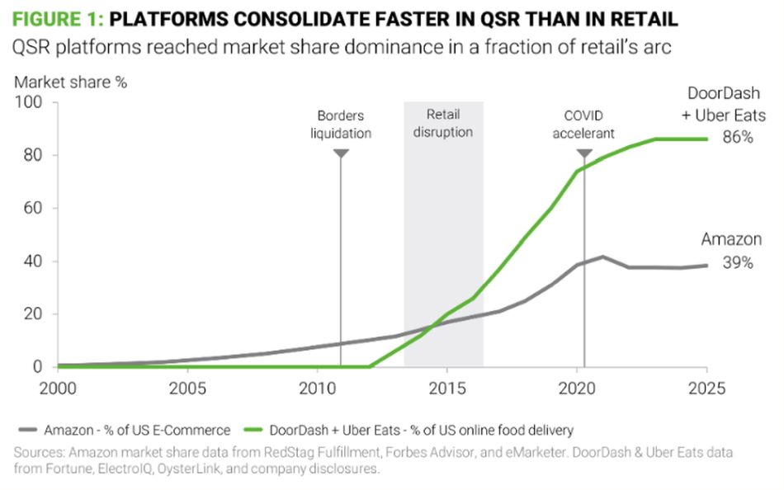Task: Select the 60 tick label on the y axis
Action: click(36, 209)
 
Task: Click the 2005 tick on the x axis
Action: click(187, 388)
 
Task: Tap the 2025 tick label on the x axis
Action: click(706, 388)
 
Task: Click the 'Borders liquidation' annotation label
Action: click(341, 124)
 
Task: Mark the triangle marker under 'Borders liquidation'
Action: click(341, 153)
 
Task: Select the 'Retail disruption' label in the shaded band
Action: click(444, 124)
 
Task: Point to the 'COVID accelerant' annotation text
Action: click(584, 124)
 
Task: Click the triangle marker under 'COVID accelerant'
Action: click(584, 153)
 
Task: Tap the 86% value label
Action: click(736, 138)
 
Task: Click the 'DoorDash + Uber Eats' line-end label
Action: click(724, 105)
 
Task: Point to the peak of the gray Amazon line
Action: click(603, 257)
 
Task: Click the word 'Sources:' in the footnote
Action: click(40, 454)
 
